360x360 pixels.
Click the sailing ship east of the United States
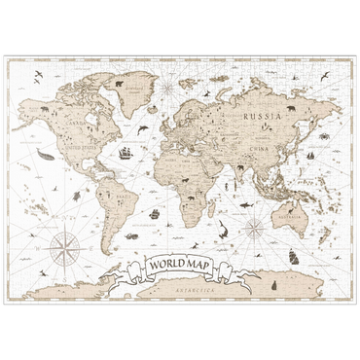point(124,152)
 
